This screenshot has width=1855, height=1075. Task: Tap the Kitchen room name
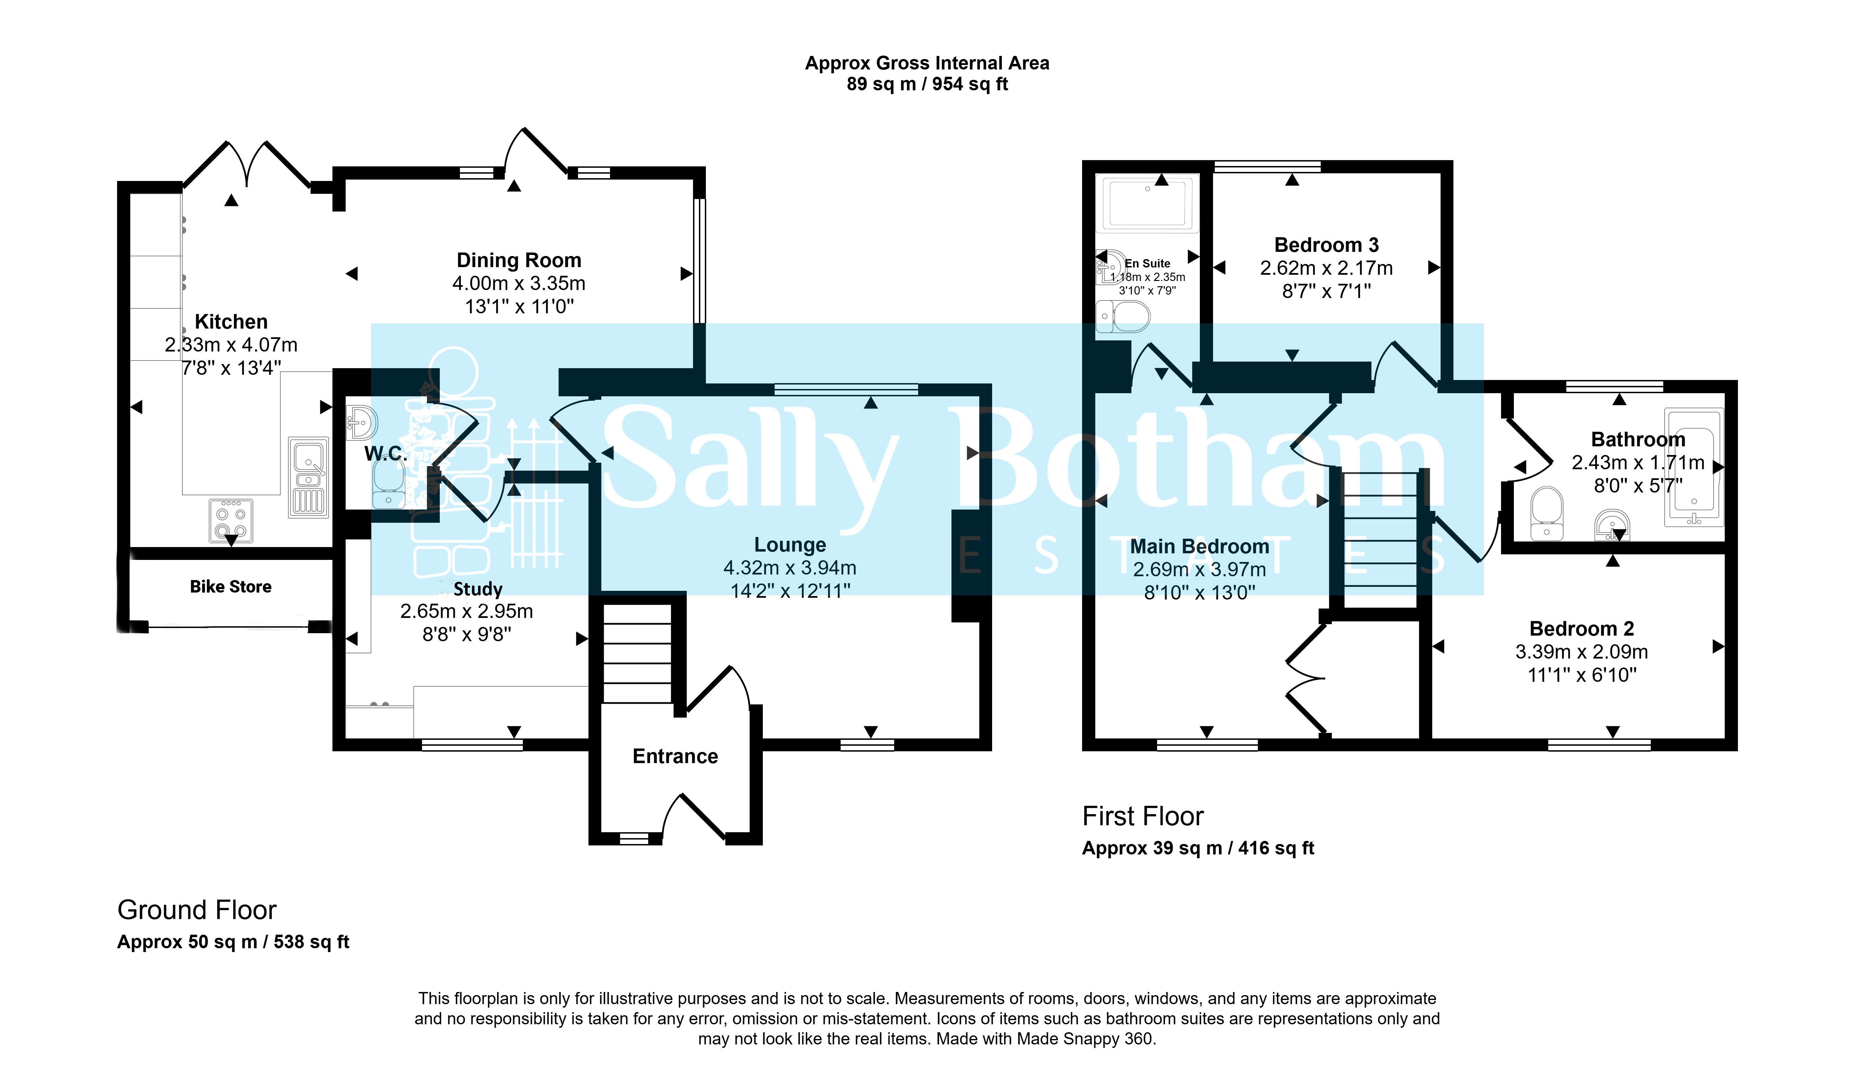[231, 322]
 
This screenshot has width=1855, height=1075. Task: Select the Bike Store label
[230, 586]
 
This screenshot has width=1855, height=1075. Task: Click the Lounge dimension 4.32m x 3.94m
[790, 567]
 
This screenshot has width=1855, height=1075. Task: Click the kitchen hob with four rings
[231, 521]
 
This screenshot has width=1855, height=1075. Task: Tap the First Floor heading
[1143, 816]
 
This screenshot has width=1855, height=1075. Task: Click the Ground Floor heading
[197, 910]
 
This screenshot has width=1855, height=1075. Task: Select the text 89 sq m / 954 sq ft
[927, 84]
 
